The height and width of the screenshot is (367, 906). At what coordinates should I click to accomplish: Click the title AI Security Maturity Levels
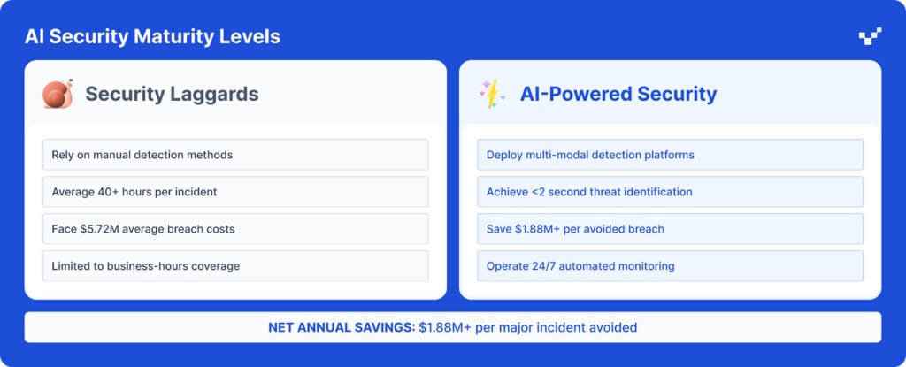tap(152, 37)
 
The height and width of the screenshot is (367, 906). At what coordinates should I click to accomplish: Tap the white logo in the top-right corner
tap(871, 36)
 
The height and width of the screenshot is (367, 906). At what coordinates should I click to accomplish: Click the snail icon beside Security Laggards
tap(58, 94)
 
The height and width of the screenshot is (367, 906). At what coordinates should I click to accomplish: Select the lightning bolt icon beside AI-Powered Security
tap(492, 94)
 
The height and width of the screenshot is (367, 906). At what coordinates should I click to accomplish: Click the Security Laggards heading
tap(173, 94)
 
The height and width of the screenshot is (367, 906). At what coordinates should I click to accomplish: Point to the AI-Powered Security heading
tap(618, 94)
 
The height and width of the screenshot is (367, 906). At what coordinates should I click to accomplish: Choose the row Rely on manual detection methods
tap(235, 155)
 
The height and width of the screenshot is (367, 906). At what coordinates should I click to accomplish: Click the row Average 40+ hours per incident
tap(235, 192)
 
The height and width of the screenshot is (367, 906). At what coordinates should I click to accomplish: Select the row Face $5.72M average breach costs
tap(235, 229)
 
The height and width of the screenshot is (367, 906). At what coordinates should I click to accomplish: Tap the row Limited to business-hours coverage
tap(235, 266)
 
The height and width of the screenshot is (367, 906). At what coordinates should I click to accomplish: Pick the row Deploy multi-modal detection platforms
tap(671, 155)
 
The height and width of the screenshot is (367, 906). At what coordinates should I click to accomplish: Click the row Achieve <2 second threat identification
tap(671, 192)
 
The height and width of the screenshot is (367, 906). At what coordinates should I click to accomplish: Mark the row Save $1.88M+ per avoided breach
tap(671, 229)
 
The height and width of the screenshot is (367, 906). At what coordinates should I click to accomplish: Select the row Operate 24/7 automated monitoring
tap(671, 266)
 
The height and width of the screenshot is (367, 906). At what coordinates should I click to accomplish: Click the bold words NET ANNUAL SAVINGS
tap(342, 328)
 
